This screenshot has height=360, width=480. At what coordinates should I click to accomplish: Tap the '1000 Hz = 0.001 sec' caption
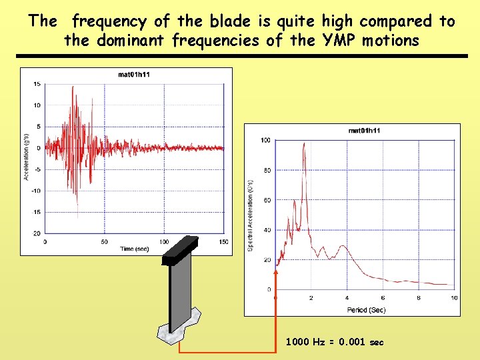pyautogui.click(x=335, y=342)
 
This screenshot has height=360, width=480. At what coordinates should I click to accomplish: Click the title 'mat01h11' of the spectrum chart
pyautogui.click(x=364, y=131)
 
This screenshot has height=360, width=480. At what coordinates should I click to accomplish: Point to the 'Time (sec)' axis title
pyautogui.click(x=134, y=249)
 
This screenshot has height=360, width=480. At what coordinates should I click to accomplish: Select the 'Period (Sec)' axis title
pyautogui.click(x=365, y=309)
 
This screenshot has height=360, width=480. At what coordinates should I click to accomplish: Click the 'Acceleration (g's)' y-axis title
pyautogui.click(x=27, y=157)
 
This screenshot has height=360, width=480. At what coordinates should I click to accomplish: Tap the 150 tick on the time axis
pyautogui.click(x=223, y=241)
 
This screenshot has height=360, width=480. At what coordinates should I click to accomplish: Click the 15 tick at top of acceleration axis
pyautogui.click(x=37, y=83)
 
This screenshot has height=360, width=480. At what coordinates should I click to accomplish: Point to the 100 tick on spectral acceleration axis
pyautogui.click(x=265, y=140)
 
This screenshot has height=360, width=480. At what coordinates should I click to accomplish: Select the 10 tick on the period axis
pyautogui.click(x=454, y=297)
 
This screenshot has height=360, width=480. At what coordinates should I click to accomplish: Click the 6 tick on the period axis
pyautogui.click(x=383, y=297)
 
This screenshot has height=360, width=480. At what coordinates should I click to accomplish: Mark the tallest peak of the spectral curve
pyautogui.click(x=304, y=145)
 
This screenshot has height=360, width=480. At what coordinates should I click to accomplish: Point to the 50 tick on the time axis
pyautogui.click(x=105, y=241)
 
